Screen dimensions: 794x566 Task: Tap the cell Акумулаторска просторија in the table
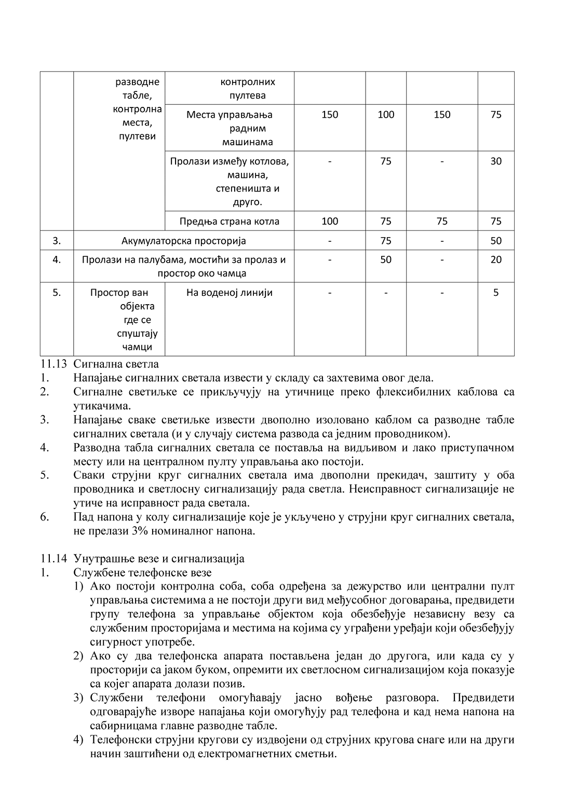(x=183, y=241)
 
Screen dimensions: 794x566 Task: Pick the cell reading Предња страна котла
(x=229, y=222)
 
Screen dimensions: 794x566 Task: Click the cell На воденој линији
(x=229, y=293)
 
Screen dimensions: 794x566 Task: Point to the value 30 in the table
(x=496, y=161)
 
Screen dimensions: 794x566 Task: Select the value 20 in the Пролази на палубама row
(x=496, y=260)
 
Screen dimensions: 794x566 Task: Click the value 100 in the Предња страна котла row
(x=330, y=222)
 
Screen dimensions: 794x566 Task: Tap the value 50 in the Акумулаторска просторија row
(x=496, y=241)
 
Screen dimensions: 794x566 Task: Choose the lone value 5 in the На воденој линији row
(x=496, y=293)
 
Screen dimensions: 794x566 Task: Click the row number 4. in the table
(x=57, y=260)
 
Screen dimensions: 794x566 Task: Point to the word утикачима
(x=102, y=405)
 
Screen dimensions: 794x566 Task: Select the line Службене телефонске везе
(x=142, y=573)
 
